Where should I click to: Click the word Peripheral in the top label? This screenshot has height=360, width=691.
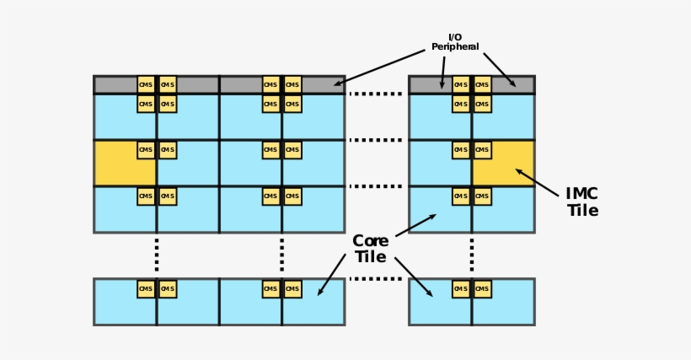(455, 47)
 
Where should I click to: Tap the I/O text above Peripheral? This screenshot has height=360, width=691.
(455, 37)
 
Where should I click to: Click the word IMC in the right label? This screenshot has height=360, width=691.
(582, 194)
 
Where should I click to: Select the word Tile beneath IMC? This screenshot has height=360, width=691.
(582, 211)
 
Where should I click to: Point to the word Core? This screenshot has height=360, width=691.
(370, 241)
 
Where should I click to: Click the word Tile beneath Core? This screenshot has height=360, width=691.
(370, 257)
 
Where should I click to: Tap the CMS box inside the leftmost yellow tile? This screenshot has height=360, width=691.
(146, 150)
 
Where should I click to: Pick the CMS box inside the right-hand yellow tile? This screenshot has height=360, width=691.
(482, 150)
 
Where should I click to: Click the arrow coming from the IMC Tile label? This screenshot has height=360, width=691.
(537, 183)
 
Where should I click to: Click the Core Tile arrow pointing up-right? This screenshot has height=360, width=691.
(415, 225)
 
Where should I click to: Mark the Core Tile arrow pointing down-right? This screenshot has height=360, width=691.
(414, 277)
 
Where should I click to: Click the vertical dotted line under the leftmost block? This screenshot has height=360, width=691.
(156, 255)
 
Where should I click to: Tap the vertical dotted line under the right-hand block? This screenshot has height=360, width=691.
(472, 255)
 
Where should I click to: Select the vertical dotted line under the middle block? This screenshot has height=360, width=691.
(282, 255)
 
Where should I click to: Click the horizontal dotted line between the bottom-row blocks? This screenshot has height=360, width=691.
(376, 279)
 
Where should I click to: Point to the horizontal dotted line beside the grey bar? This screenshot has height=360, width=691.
(376, 94)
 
